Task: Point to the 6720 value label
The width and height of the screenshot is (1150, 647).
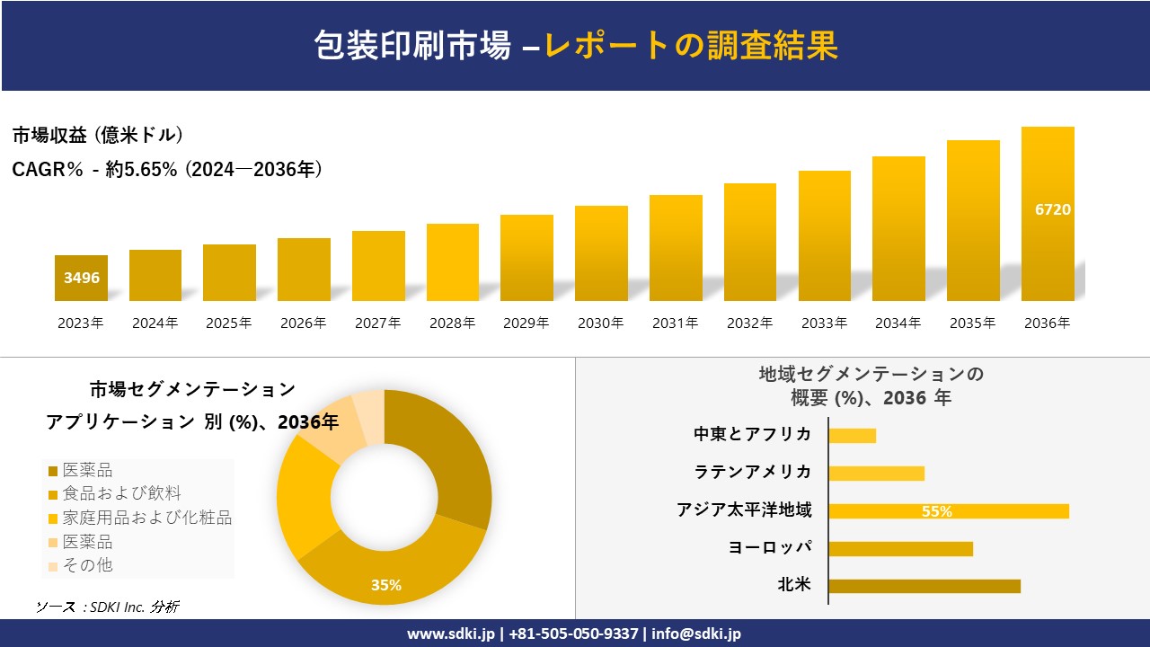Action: [1053, 209]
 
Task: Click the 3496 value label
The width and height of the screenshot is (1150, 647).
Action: [82, 278]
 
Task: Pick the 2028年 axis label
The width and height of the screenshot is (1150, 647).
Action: [452, 323]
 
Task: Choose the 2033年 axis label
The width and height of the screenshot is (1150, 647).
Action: [824, 323]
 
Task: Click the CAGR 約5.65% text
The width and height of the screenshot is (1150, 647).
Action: [167, 169]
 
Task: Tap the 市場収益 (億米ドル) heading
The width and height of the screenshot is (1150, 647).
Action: [98, 136]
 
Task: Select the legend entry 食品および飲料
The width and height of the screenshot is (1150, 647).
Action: [121, 493]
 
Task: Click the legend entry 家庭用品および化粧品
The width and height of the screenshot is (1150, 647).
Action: [146, 518]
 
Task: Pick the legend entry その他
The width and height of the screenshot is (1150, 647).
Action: [87, 565]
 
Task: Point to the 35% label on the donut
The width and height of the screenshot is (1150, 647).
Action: [386, 585]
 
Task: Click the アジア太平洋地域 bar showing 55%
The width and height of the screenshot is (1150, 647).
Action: [948, 511]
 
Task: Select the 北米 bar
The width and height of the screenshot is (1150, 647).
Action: [924, 586]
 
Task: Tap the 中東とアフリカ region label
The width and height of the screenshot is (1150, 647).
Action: [752, 434]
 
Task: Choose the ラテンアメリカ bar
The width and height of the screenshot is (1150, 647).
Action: [876, 473]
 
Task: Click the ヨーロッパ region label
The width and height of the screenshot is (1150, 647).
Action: [770, 547]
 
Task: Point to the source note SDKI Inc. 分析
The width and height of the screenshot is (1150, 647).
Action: [107, 607]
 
